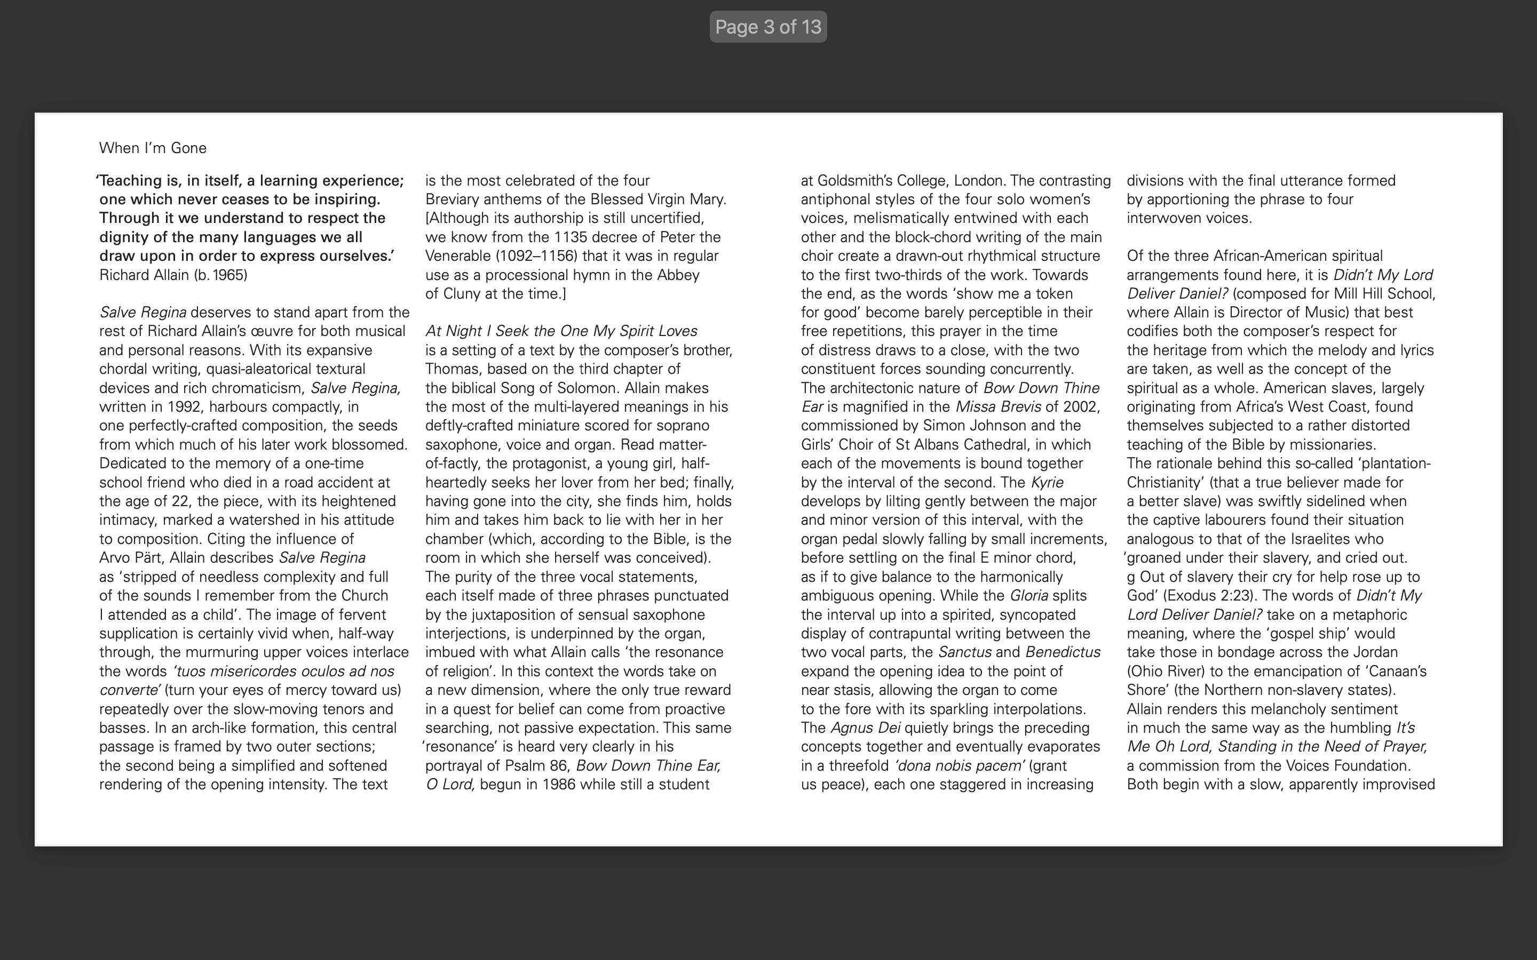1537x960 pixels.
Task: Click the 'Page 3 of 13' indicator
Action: (x=768, y=27)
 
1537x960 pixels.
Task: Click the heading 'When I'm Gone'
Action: (x=153, y=148)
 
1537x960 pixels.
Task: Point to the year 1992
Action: (x=184, y=407)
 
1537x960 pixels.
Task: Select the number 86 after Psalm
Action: (x=559, y=766)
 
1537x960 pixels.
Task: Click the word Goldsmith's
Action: (x=854, y=181)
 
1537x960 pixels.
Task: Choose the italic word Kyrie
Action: (x=1047, y=483)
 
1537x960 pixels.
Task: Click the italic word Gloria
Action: (x=1028, y=596)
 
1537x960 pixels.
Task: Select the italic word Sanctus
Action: (x=964, y=653)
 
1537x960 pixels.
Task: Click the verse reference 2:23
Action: (x=1236, y=596)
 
